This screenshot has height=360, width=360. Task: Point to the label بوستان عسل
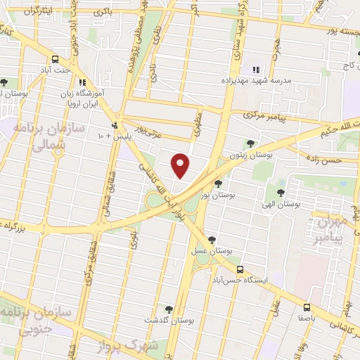214,250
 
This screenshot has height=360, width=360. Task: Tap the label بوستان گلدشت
169,320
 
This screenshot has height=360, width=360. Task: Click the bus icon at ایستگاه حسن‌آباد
240,269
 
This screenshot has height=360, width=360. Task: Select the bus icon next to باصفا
307,307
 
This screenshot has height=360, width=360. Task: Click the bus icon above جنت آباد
56,59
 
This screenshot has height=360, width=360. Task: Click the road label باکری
104,11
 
